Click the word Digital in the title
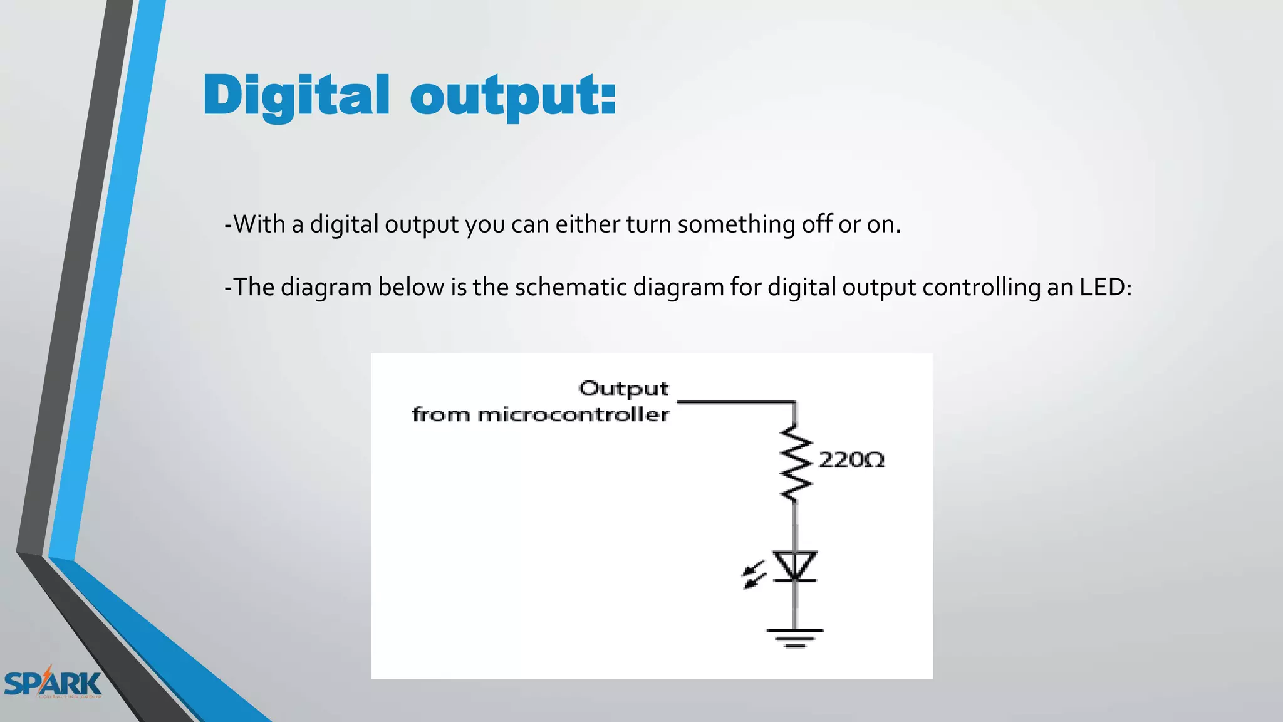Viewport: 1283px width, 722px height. click(296, 95)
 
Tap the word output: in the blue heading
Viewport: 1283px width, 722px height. click(513, 97)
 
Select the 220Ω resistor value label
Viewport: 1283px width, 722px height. click(851, 460)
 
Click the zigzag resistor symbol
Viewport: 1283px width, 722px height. click(796, 464)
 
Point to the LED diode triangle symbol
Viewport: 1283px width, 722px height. click(794, 566)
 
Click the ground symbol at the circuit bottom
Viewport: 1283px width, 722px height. click(794, 637)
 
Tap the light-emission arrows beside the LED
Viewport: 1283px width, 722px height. click(754, 575)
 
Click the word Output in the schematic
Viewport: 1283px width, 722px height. click(623, 389)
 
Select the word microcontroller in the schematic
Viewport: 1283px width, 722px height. click(573, 415)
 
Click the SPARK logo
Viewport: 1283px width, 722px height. click(53, 683)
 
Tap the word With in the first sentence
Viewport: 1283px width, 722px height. click(259, 224)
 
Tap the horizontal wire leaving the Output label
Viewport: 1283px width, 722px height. click(736, 402)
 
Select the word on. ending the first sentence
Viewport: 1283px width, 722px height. click(883, 224)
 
